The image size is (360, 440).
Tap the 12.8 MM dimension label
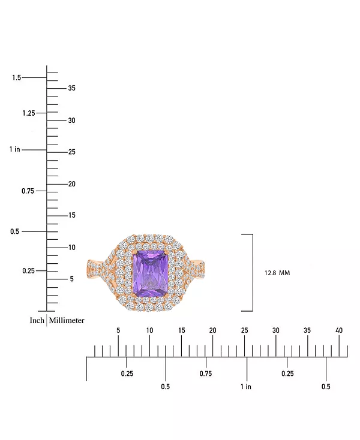277,273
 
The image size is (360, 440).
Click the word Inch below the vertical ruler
37,321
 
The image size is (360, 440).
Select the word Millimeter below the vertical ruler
67,321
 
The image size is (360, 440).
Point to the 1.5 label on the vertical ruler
17,77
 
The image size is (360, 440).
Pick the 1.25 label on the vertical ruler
29,113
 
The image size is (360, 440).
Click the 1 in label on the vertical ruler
15,149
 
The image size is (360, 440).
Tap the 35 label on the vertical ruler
71,88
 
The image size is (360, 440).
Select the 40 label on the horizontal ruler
339,330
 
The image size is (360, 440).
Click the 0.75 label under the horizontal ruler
206,373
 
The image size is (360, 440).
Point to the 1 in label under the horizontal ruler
246,387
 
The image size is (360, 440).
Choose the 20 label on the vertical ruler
71,184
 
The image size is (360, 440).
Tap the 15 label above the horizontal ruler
182,330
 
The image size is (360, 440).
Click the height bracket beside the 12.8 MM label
253,273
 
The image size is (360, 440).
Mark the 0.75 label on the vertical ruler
28,191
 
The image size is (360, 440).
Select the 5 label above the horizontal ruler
118,330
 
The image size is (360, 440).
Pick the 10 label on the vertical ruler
72,248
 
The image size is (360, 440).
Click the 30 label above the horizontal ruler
276,330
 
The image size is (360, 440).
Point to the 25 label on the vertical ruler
71,152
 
